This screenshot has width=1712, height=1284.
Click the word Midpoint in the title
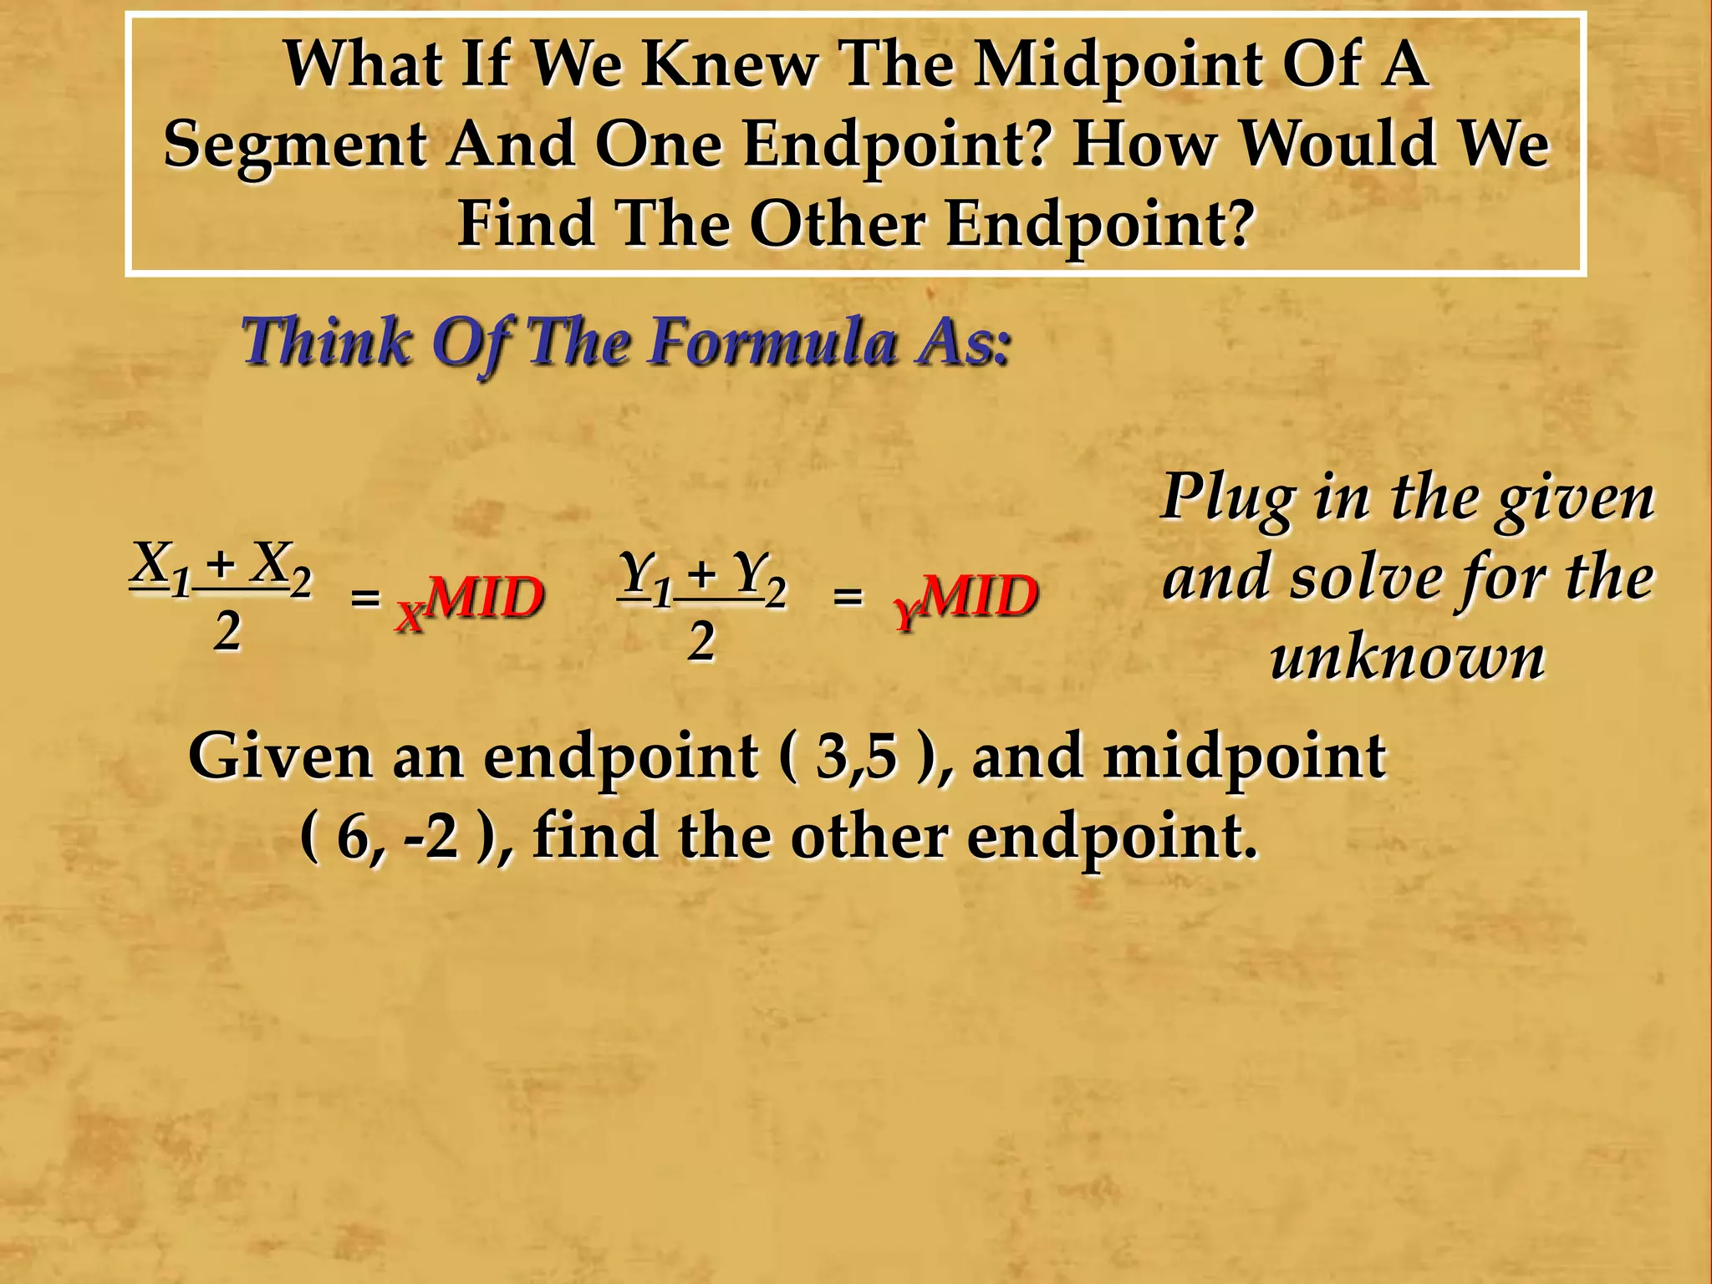pos(1119,64)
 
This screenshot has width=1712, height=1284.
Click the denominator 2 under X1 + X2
pos(227,632)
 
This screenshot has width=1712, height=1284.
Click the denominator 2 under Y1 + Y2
pos(701,642)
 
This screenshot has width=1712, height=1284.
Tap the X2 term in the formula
pos(283,565)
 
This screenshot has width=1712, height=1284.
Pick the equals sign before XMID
pos(365,598)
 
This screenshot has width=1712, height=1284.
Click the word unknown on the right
pos(1408,657)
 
